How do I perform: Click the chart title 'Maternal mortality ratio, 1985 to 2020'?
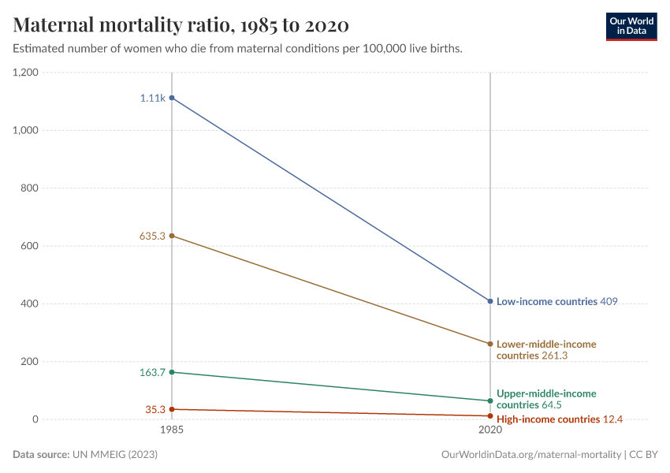tap(181, 25)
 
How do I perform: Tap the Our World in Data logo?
tap(631, 26)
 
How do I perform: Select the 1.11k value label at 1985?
tap(153, 99)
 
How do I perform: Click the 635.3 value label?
tap(152, 236)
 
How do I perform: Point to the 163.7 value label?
tap(152, 372)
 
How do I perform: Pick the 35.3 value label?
tap(155, 409)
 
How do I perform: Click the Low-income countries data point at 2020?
tap(490, 301)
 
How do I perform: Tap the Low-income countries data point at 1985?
tap(172, 98)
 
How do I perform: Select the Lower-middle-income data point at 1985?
tap(172, 236)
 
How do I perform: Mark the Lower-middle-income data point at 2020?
tap(490, 344)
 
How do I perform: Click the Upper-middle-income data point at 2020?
tap(490, 400)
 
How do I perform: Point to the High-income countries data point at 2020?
tap(490, 415)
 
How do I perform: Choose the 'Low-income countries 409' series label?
tap(556, 301)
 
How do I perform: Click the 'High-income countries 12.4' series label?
tap(560, 419)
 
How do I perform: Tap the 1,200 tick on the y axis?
tap(26, 73)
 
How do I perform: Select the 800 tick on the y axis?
tap(30, 188)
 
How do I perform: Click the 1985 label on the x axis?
tap(172, 431)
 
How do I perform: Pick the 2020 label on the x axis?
tap(490, 431)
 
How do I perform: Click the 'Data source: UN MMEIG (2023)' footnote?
tap(81, 455)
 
